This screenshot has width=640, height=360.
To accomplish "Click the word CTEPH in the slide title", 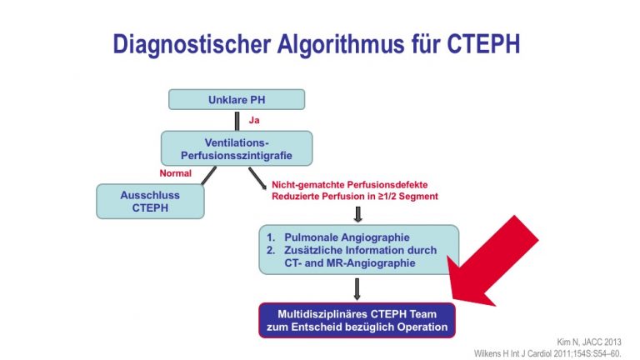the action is (483, 43).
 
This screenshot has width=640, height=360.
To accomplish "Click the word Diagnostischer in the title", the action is (192, 44).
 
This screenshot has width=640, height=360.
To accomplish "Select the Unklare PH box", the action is (237, 100).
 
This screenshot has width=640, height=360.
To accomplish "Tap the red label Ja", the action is (254, 120).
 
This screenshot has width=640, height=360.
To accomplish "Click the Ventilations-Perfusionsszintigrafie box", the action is (237, 148).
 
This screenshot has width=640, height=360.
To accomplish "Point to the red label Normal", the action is (176, 173).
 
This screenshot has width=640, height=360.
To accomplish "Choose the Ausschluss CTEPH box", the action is (150, 201).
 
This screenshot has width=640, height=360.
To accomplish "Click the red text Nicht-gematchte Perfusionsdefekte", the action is (350, 185).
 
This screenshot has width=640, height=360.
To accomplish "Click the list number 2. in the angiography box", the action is (271, 250).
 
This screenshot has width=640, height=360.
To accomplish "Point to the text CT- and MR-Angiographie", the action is (350, 262).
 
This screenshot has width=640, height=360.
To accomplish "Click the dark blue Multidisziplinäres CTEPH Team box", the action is (357, 320).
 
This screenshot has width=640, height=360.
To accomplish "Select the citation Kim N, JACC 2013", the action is (589, 342).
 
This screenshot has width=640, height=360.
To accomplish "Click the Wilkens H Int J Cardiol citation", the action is (547, 353).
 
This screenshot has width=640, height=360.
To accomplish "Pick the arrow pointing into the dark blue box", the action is (357, 289).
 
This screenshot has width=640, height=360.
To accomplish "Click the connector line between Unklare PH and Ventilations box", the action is (237, 121).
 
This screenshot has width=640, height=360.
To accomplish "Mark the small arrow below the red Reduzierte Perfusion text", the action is (358, 214).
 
